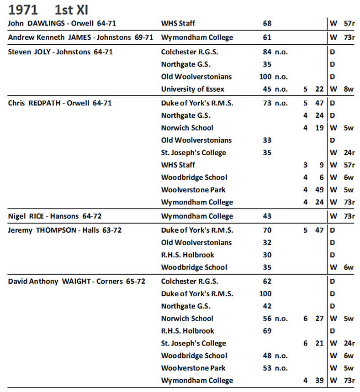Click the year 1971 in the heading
coord(23,9)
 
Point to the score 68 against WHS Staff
coord(267,23)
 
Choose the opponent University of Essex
coord(193,89)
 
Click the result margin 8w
coord(349,89)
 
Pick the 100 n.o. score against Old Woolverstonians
coord(273,77)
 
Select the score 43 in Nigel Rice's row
coord(267,216)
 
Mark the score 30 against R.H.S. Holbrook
coord(267,255)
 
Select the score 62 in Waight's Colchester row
coord(267,282)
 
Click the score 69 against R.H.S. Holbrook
coord(267,331)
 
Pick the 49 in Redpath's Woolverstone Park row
coord(319,190)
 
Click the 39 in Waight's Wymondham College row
coord(319,381)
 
